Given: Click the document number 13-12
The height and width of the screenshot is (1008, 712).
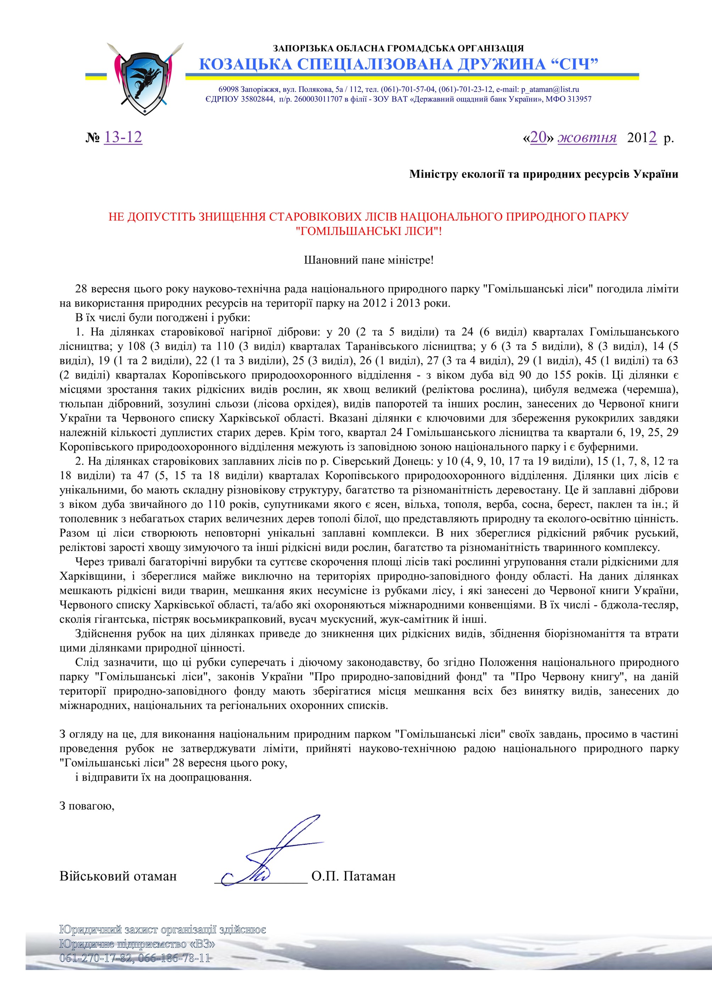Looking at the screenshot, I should pos(123,137).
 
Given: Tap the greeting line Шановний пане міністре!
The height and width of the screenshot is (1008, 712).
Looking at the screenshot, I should pos(369,260).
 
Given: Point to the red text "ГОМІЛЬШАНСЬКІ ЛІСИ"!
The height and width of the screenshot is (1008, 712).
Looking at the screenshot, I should pos(369,231).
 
